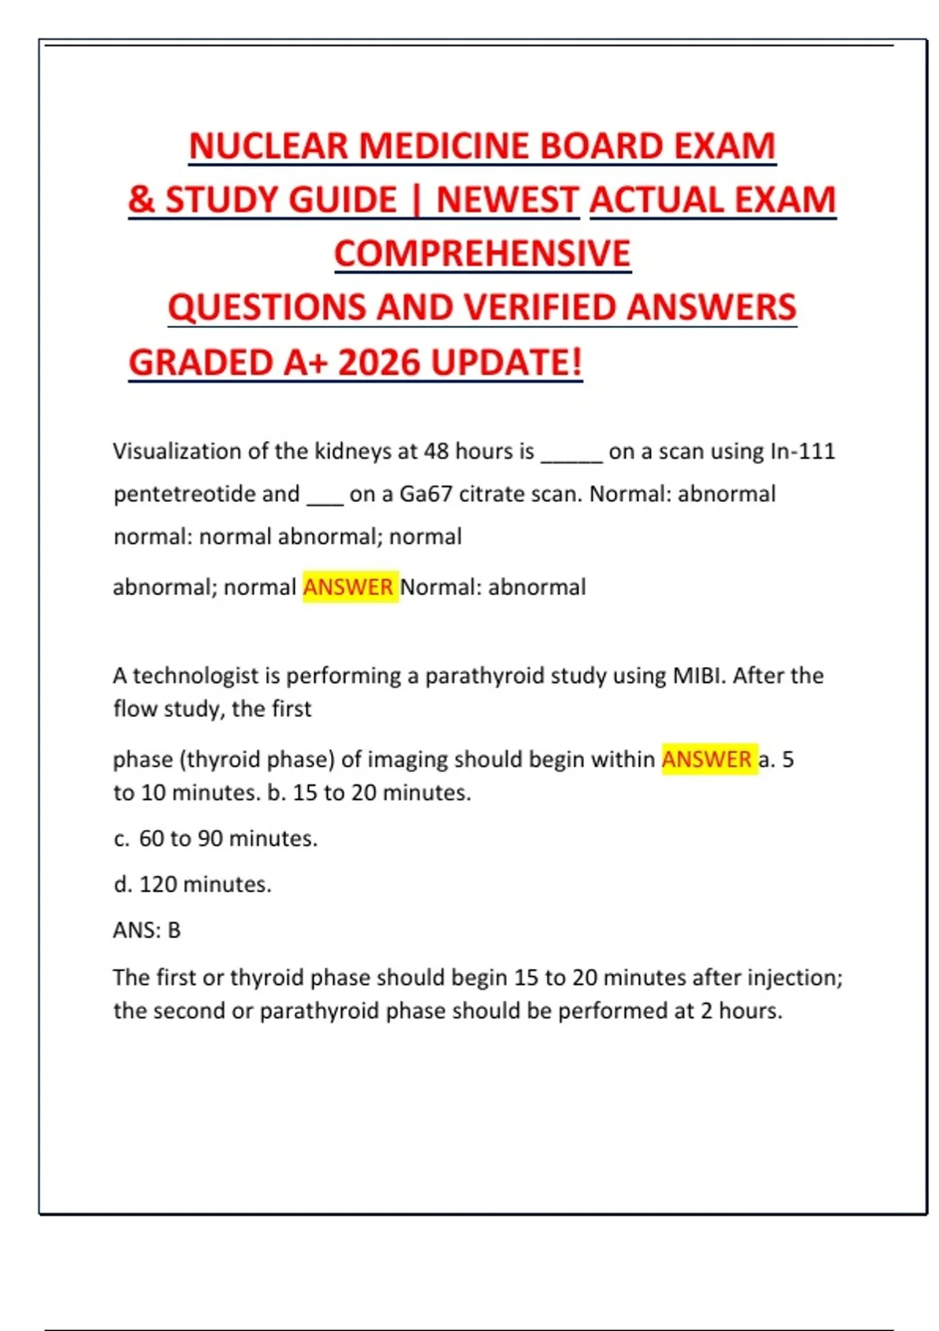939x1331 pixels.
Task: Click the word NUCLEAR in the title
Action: [268, 146]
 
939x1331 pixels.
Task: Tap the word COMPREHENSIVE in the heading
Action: [482, 254]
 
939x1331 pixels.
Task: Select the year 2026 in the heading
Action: [380, 363]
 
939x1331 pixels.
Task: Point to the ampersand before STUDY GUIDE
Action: [142, 200]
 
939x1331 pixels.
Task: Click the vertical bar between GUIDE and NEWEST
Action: [416, 200]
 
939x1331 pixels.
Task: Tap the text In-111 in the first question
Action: [803, 451]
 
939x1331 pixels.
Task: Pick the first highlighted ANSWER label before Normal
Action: [348, 587]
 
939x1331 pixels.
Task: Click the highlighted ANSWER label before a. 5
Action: [707, 759]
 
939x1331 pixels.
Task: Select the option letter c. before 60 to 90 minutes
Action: [121, 839]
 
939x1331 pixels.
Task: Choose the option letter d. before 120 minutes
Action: [122, 885]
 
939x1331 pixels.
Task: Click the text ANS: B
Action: [147, 930]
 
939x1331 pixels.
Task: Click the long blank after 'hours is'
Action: [571, 454]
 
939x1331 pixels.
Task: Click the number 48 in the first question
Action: [436, 451]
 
